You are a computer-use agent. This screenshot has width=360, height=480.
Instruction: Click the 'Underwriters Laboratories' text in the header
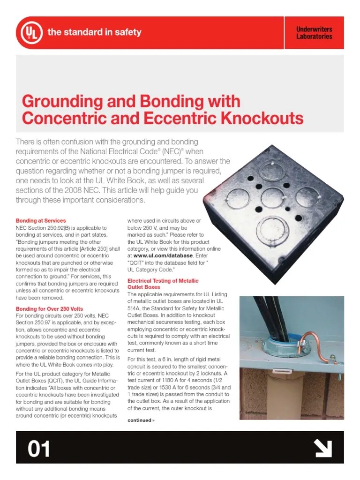[x=314, y=33]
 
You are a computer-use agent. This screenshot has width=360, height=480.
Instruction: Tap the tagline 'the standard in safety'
[x=94, y=32]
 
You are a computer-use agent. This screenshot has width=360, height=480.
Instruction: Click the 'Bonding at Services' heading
[x=41, y=220]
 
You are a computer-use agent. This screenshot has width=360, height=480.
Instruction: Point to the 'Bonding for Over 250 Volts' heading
[x=49, y=309]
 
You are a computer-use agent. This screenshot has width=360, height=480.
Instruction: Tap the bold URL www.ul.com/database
[x=163, y=255]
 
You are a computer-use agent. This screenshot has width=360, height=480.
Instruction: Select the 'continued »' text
[x=141, y=420]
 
